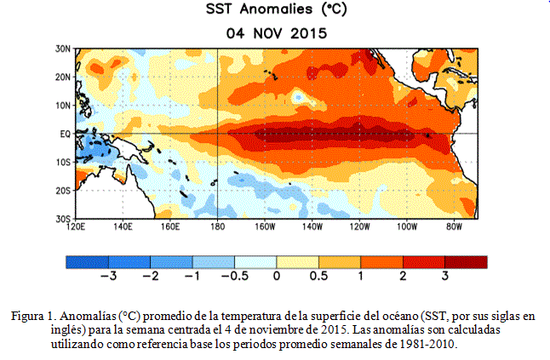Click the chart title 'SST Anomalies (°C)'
pos(277,9)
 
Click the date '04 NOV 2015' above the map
pos(277,34)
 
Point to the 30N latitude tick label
pos(63,49)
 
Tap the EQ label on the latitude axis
pos(66,134)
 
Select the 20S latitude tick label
pos(63,191)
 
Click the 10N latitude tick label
pos(63,106)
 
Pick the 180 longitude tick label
pos(217,226)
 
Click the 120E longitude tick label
pos(76,226)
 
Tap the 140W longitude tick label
pos(312,226)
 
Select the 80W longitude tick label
pos(455,226)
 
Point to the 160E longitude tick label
pos(170,226)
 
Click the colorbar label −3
pos(108,277)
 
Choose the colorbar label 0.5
pos(318,277)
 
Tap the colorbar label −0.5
pos(235,277)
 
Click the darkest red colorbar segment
pos(467,262)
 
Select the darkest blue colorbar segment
pos(88,262)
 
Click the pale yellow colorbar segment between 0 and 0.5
pos(297,262)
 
